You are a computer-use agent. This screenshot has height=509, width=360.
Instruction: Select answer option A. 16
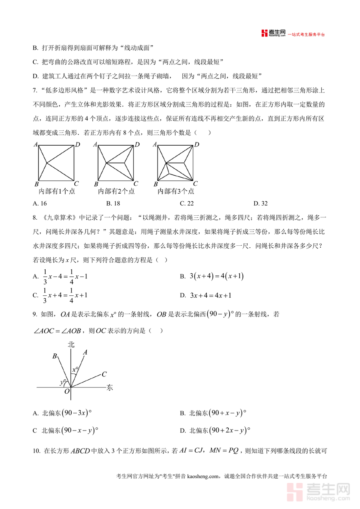[40, 203]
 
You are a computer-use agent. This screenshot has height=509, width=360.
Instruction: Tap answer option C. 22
[187, 203]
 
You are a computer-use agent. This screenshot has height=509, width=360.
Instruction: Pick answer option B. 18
[113, 203]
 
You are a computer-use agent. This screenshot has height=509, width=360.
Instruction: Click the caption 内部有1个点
[56, 191]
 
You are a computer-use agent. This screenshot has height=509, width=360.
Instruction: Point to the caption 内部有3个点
[176, 191]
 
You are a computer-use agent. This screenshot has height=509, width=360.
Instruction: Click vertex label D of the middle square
[137, 144]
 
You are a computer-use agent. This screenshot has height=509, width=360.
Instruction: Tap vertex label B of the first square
[36, 184]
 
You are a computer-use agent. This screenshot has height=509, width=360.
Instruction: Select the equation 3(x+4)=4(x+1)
[216, 276]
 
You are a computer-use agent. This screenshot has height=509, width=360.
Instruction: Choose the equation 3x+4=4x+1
[210, 296]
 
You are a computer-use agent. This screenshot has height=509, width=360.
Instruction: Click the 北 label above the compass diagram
[71, 344]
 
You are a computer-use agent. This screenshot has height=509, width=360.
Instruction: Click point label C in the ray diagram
[104, 374]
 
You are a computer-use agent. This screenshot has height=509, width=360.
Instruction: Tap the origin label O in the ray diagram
[67, 392]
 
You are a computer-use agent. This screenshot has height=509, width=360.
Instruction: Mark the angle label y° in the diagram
[63, 383]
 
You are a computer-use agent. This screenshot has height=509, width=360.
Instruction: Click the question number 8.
[34, 218]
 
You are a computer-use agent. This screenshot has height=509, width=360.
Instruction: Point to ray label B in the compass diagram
[54, 356]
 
